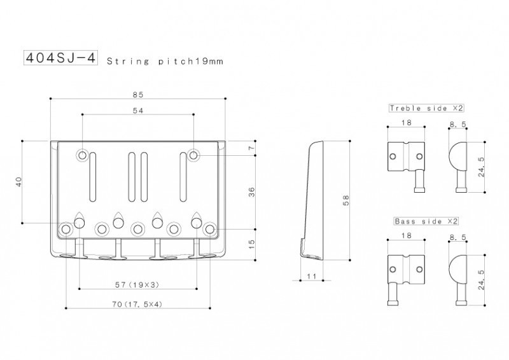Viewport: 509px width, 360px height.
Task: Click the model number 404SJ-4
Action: tap(60, 58)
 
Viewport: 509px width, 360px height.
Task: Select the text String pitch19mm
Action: tap(165, 61)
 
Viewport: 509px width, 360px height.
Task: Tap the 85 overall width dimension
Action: tap(138, 95)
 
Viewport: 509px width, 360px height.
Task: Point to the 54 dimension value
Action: tap(138, 111)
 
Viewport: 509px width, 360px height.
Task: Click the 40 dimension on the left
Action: tap(19, 182)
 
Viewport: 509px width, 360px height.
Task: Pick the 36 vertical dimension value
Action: tap(251, 192)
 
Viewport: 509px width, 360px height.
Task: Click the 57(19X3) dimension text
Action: tap(137, 285)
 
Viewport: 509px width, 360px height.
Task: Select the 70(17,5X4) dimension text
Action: tap(137, 304)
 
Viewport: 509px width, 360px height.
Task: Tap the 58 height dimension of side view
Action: tap(346, 200)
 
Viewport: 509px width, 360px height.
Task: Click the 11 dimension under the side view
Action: tap(311, 276)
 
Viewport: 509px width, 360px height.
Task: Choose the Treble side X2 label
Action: tap(426, 108)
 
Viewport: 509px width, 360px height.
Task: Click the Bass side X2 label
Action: tap(426, 221)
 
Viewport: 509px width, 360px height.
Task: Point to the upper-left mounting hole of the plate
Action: tap(83, 155)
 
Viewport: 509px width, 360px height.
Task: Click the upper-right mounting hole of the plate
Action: tap(193, 155)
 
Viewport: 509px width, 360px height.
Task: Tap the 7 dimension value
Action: tap(251, 148)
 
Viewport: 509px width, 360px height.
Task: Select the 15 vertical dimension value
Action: tap(251, 244)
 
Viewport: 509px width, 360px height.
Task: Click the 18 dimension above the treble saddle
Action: tap(406, 122)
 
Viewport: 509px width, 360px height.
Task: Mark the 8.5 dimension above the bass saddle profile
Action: tap(457, 237)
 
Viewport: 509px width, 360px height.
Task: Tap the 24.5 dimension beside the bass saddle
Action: tap(481, 280)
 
